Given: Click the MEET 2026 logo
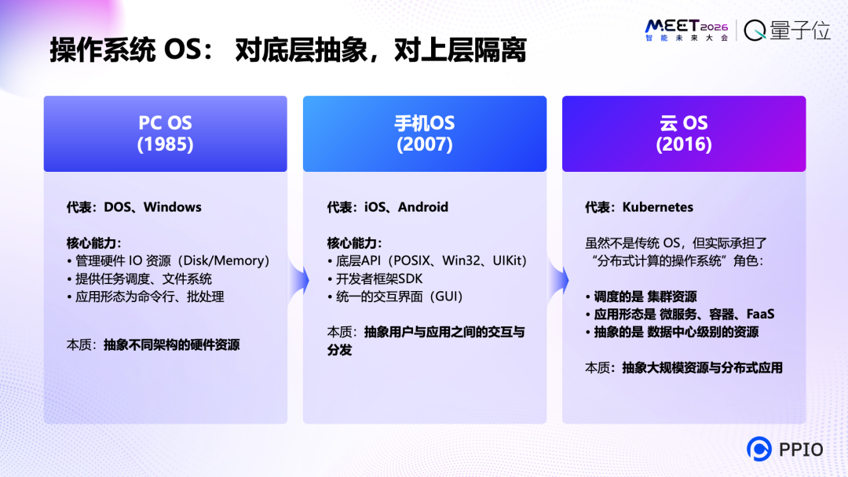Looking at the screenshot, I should (686, 31).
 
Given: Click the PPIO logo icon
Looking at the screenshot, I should (759, 449).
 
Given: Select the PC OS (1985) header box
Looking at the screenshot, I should (166, 133).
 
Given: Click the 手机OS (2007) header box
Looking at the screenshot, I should (425, 133).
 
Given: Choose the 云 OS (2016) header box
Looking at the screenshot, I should (684, 133).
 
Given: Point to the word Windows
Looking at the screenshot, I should (173, 207).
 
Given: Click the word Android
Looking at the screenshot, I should (423, 207).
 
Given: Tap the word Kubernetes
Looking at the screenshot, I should (658, 207).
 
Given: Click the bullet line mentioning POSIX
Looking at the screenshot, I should (427, 260).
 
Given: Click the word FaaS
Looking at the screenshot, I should (760, 314).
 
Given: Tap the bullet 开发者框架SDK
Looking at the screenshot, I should (377, 279).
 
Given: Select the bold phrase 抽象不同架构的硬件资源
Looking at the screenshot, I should (172, 344).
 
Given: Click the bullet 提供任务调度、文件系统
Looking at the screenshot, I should (139, 279).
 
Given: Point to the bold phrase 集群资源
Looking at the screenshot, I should (672, 297).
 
